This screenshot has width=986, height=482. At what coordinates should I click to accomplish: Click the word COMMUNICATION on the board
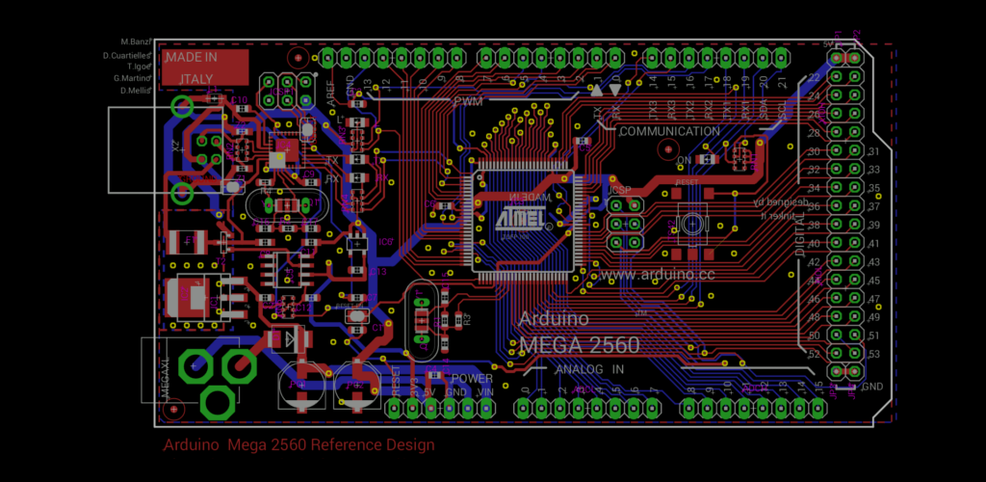pos(669,131)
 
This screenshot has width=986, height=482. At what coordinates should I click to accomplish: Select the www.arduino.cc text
pos(656,275)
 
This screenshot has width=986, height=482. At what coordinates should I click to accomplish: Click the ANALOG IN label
pos(590,368)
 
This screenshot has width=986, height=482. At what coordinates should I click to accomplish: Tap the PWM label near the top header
pos(468,100)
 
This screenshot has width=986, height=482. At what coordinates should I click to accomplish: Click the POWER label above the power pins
pos(472,378)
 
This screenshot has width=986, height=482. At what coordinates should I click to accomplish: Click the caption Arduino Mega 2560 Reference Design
pos(298,445)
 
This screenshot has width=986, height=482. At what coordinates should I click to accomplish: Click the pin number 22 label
pos(814,78)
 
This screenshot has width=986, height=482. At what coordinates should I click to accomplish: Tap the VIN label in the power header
pos(485,392)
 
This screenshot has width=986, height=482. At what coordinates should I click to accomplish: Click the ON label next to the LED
pos(684,160)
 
